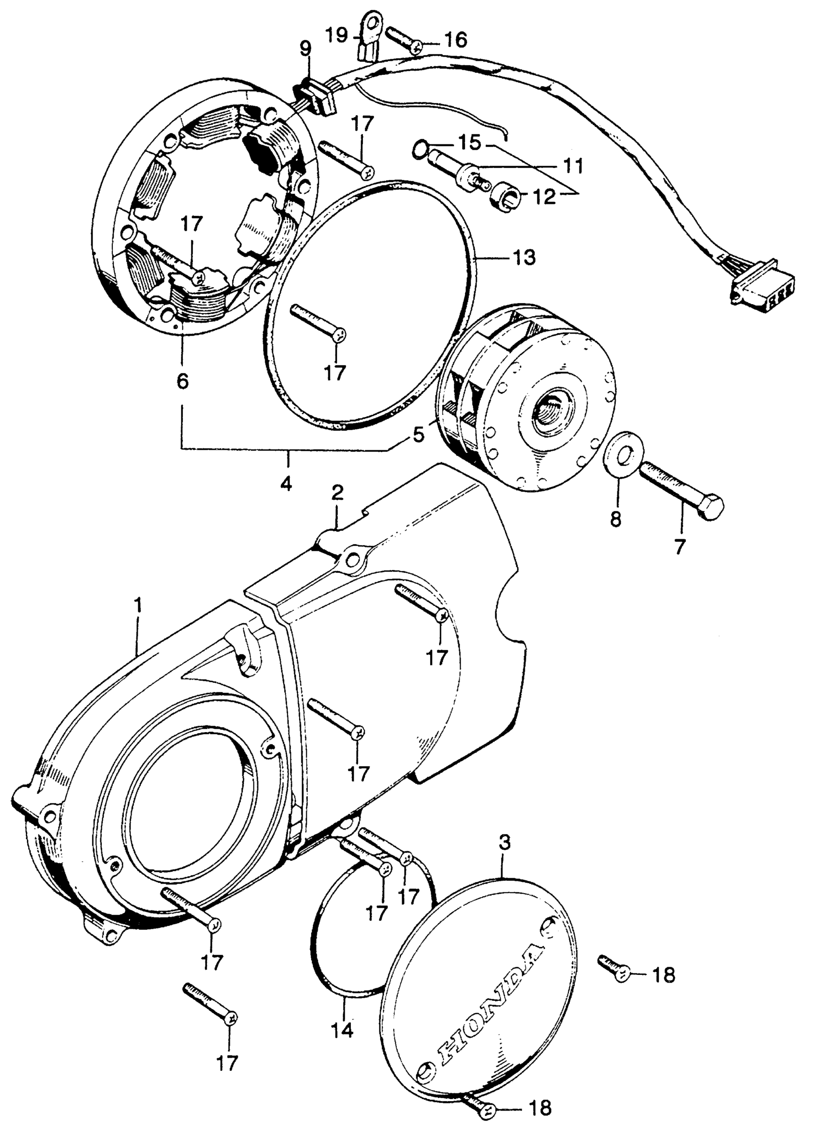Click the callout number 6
(x=182, y=382)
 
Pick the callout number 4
(x=286, y=485)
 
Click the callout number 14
(x=341, y=1030)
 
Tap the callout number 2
(x=337, y=494)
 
